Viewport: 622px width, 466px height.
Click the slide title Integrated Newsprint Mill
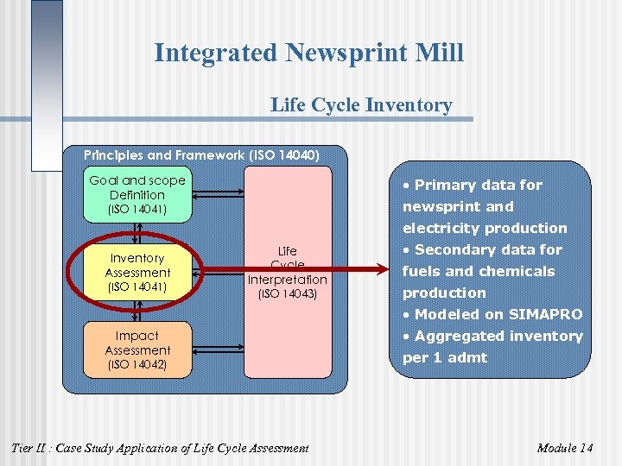tap(308, 54)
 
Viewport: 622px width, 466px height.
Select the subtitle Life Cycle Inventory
tap(360, 105)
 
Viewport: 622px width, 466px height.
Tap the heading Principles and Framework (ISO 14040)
tap(201, 155)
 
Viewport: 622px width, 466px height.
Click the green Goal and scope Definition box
tap(136, 194)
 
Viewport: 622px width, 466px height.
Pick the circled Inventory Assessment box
tap(136, 271)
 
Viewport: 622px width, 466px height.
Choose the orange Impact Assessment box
tap(136, 349)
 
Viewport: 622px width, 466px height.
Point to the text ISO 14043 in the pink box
tap(288, 294)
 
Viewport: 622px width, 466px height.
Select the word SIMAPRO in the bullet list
tap(545, 314)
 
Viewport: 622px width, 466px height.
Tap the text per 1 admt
tap(445, 357)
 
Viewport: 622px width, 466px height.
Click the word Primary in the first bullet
tap(443, 185)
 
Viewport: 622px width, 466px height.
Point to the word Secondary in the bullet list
tap(455, 249)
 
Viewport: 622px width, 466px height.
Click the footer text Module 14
tap(564, 447)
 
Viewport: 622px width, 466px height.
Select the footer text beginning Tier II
tap(159, 447)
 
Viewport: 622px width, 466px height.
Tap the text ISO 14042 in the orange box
tap(136, 364)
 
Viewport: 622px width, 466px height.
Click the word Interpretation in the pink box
tap(288, 280)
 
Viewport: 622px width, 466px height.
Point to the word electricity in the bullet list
tap(441, 228)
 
